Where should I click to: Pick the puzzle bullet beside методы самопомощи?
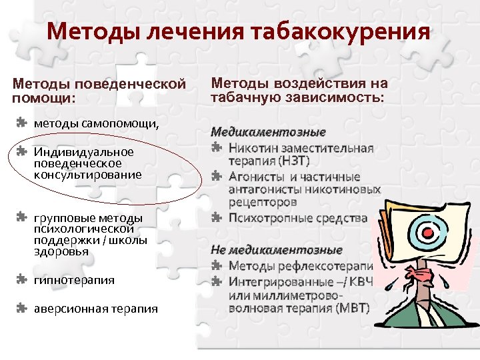tap(21, 123)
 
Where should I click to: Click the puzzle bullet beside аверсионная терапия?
tap(21, 308)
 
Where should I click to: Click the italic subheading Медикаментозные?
tap(269, 132)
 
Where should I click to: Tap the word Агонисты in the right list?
tap(257, 177)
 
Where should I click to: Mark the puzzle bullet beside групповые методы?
tap(21, 217)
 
